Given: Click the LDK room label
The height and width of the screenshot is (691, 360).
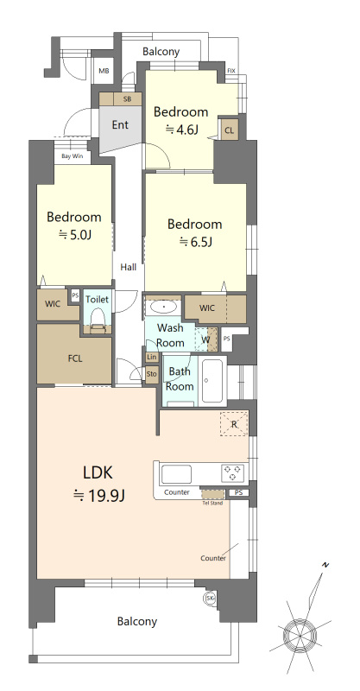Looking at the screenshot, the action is (x=98, y=472).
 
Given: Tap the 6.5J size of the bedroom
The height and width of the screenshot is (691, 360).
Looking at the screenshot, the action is (x=196, y=242).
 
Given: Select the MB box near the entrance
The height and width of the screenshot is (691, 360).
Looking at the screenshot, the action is (x=104, y=72).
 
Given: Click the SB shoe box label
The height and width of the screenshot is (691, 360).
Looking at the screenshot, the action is (x=127, y=99).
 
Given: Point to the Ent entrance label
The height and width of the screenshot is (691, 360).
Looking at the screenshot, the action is (x=120, y=124).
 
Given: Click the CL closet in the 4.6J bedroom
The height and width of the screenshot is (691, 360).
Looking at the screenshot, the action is (x=230, y=130).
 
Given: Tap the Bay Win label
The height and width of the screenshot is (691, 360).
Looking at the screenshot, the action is (x=73, y=156).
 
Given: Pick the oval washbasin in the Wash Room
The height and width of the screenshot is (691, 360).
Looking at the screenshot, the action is (x=164, y=307).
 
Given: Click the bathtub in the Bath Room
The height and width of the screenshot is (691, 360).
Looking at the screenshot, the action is (x=212, y=381).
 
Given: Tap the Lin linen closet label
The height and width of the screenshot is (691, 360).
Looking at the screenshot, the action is (x=152, y=357).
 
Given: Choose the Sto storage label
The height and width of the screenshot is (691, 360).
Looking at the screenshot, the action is (x=152, y=374).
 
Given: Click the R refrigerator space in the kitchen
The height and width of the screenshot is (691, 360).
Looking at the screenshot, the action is (x=234, y=424).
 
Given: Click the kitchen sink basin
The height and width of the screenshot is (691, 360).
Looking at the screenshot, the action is (x=176, y=474).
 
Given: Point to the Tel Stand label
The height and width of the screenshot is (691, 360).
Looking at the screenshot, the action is (x=212, y=503).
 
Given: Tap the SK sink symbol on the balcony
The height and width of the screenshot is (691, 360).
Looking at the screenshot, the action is (x=210, y=598).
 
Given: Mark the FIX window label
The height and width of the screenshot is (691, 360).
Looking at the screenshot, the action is (x=231, y=71).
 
